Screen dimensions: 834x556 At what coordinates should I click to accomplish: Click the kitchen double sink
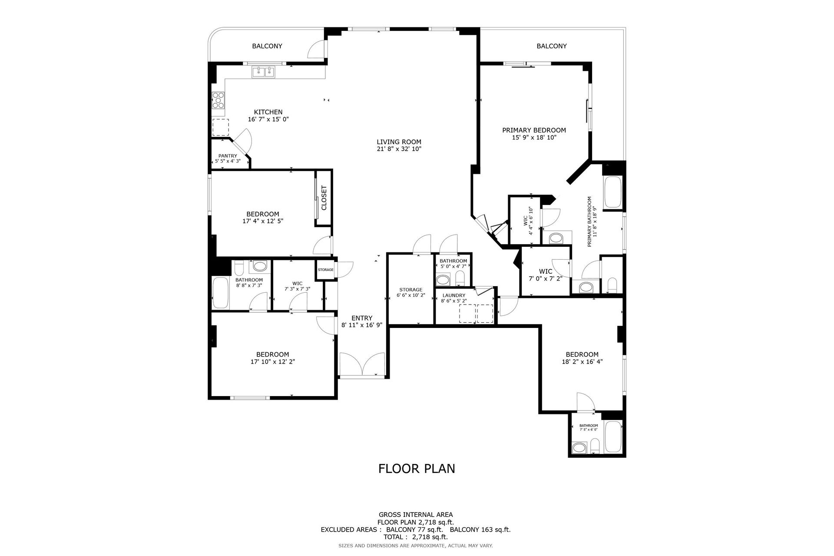coord(263,72)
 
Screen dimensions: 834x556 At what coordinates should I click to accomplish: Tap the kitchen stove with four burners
coord(218,101)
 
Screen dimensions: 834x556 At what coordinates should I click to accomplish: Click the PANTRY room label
coord(228,156)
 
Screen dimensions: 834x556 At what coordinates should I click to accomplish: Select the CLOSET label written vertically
coord(324,198)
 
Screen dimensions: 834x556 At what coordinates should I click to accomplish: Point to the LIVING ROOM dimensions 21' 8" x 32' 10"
coord(399,149)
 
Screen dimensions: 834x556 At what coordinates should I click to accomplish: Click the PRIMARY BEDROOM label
coord(534,130)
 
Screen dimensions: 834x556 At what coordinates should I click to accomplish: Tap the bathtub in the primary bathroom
coord(613,192)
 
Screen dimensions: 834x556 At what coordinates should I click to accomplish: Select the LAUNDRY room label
coord(453,295)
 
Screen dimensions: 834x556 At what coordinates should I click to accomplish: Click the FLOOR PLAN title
coord(417,468)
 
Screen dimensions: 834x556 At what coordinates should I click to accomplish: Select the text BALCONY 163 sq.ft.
coord(480,530)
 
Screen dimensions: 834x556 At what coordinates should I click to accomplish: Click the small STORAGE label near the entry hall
coord(325,270)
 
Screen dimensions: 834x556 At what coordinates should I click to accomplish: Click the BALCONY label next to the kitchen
coord(267,46)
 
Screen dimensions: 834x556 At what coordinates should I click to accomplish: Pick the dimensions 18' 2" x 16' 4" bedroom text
coord(582,361)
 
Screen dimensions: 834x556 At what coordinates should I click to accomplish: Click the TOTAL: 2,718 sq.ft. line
coord(416,537)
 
